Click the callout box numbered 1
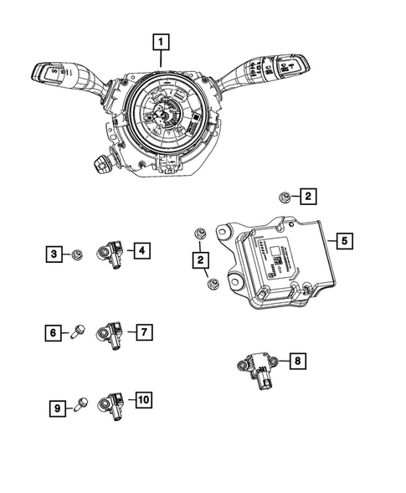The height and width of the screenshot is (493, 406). click(161, 40)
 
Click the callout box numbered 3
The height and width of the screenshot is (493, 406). click(54, 253)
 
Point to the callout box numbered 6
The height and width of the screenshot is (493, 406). click(54, 333)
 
